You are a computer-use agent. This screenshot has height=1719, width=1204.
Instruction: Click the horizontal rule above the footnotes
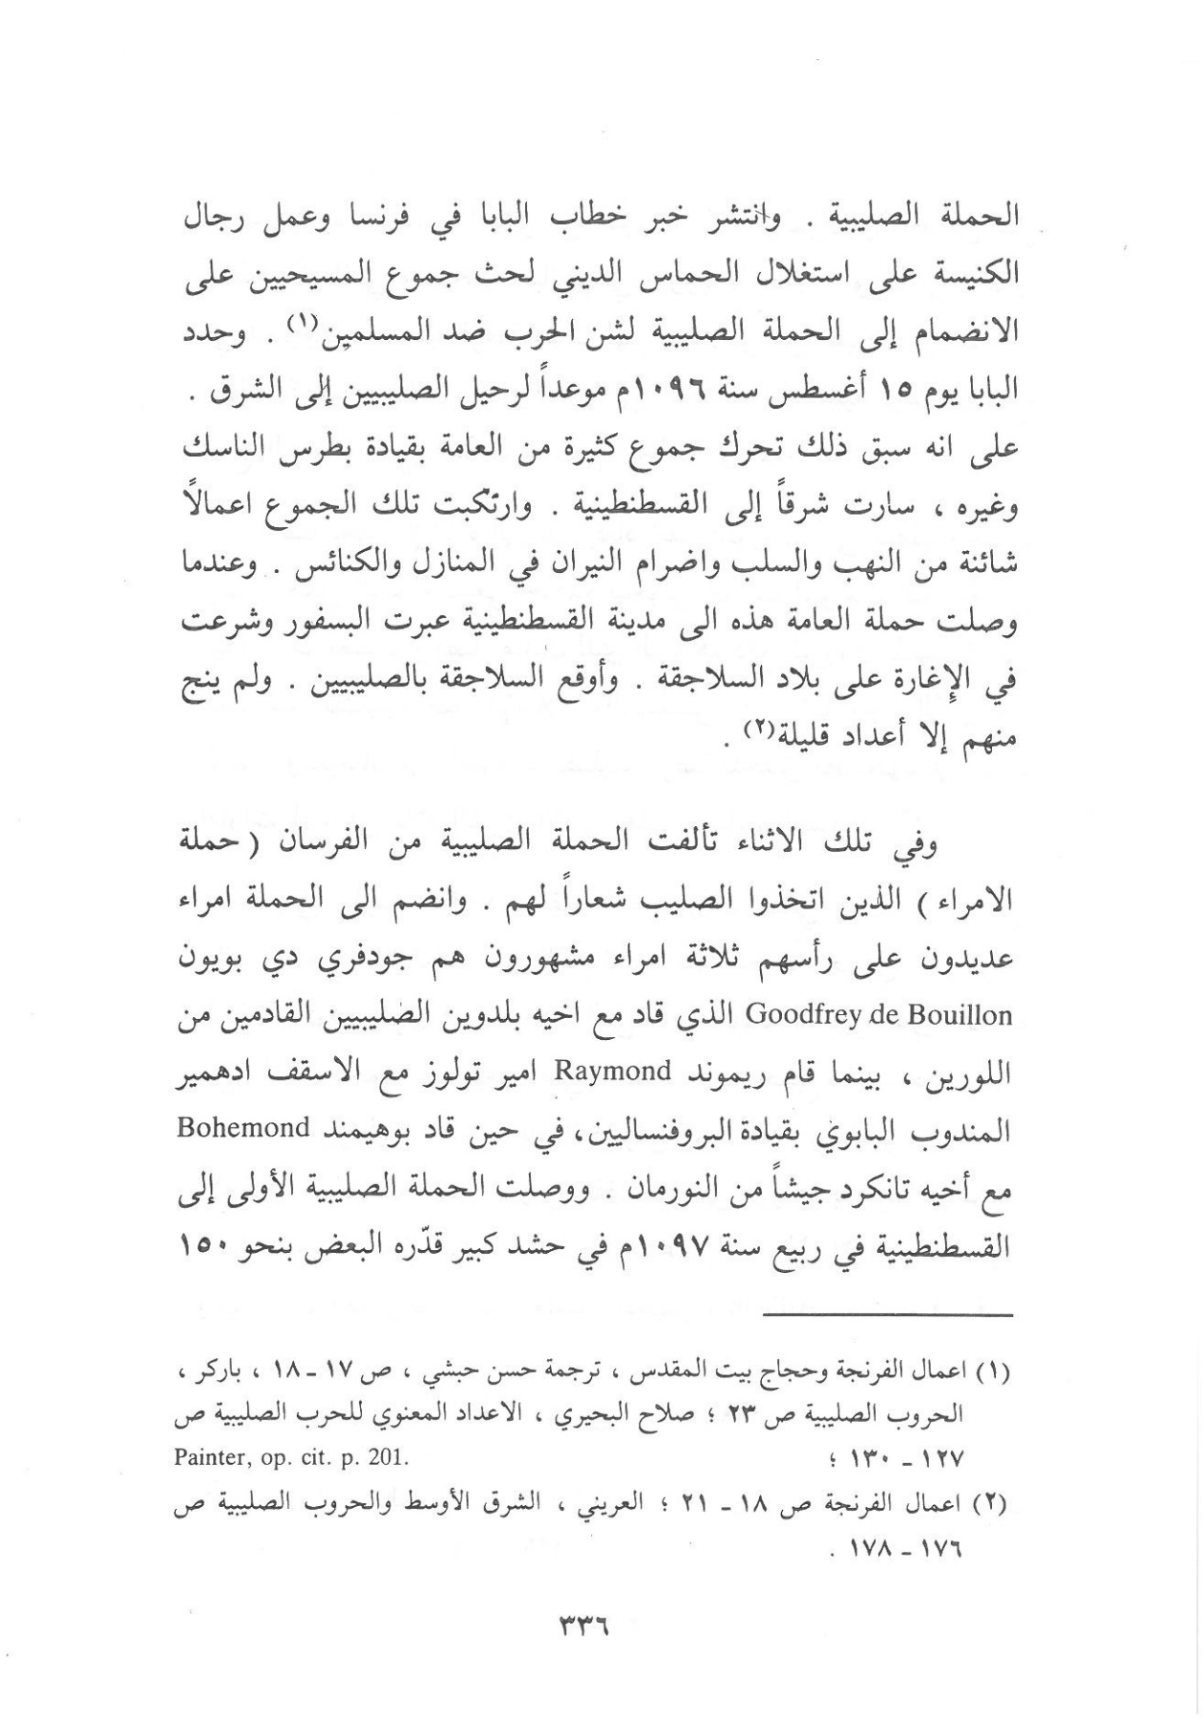pos(888,1316)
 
